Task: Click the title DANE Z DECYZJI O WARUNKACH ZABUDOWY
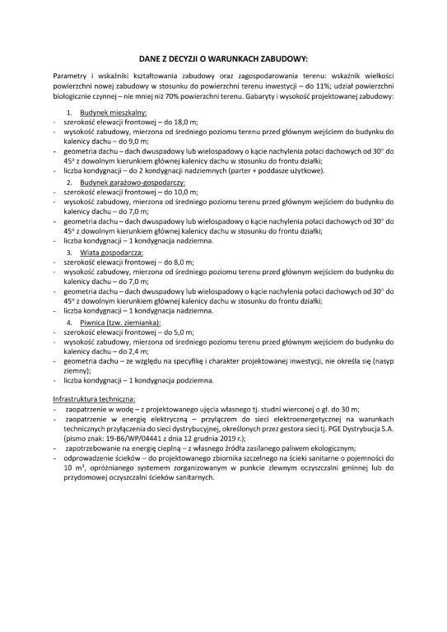[223, 58]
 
